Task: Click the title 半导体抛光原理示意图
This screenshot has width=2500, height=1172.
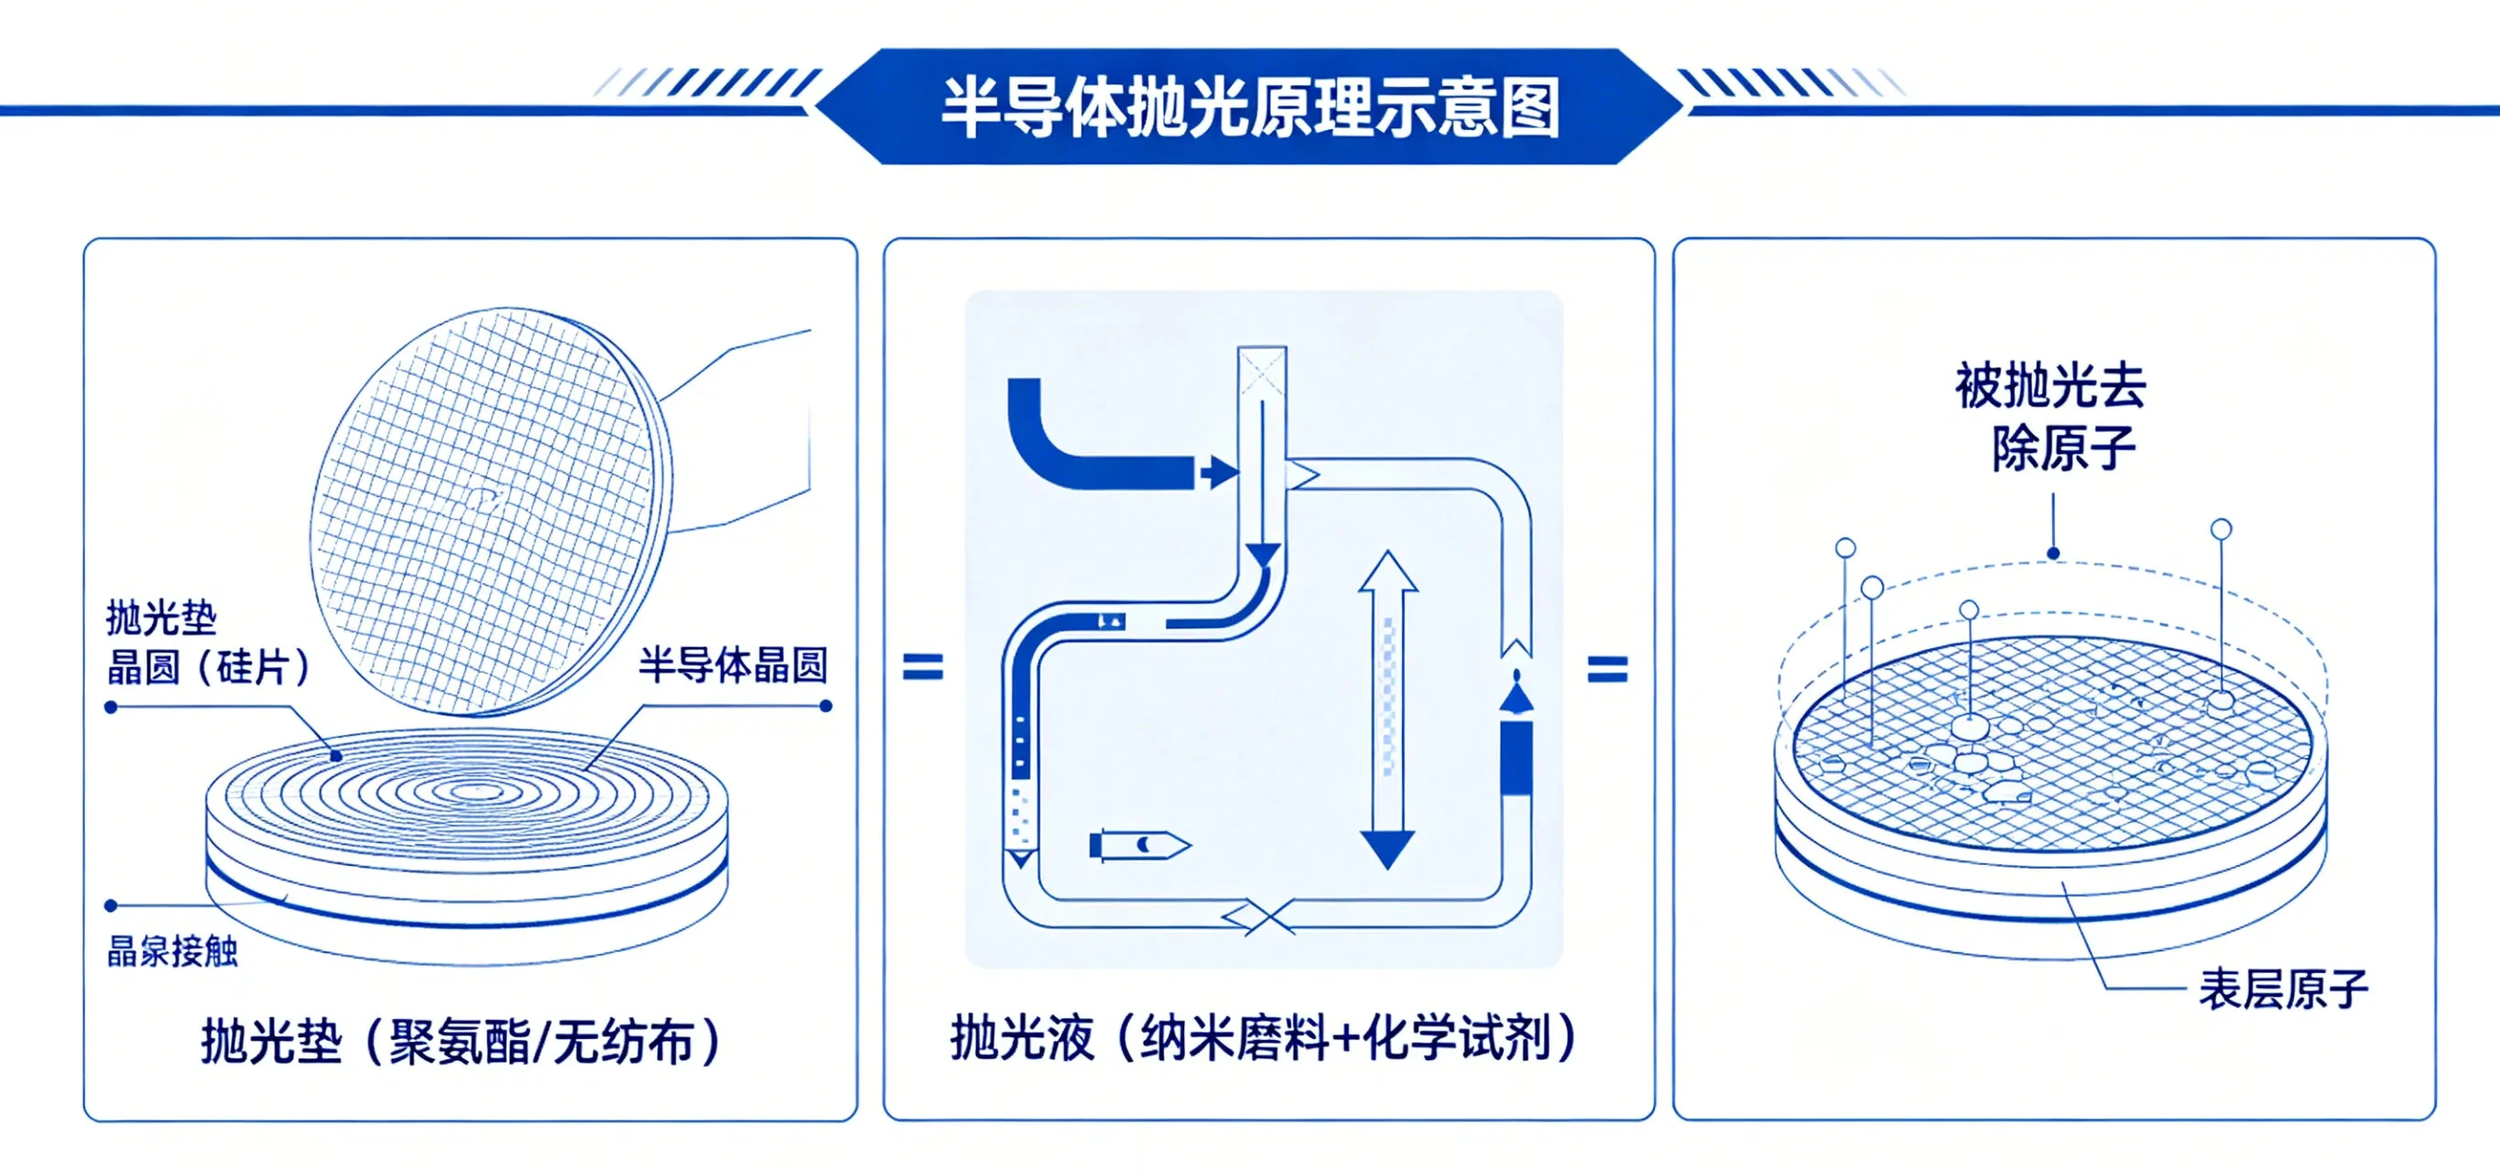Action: [1250, 107]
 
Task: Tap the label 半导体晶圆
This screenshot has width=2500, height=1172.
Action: [733, 665]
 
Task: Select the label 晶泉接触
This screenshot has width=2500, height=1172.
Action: [173, 950]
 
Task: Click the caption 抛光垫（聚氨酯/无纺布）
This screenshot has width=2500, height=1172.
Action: [462, 1042]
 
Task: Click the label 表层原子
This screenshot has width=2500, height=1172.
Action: [2283, 990]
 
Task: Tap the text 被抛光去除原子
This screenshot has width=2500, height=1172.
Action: [2052, 418]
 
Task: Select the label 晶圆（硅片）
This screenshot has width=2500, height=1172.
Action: [209, 667]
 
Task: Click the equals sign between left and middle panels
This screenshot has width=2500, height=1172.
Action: [922, 667]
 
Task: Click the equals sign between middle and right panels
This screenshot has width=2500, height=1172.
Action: [1607, 669]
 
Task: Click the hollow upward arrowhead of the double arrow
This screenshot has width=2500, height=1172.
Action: [1387, 573]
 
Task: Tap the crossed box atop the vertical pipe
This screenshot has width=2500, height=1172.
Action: [1262, 371]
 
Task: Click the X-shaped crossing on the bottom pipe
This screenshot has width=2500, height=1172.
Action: [1260, 915]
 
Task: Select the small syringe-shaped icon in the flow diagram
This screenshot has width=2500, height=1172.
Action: [1137, 845]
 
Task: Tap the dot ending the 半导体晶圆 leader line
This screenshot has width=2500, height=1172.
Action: [826, 706]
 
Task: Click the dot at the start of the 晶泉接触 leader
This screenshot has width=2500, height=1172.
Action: [111, 905]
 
